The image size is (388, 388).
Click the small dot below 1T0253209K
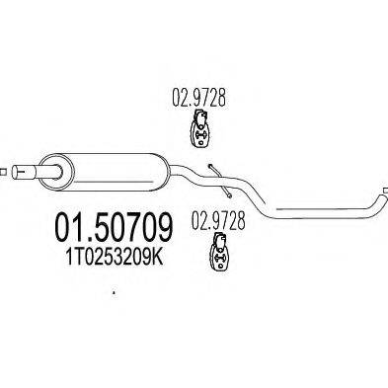(x=114, y=293)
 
